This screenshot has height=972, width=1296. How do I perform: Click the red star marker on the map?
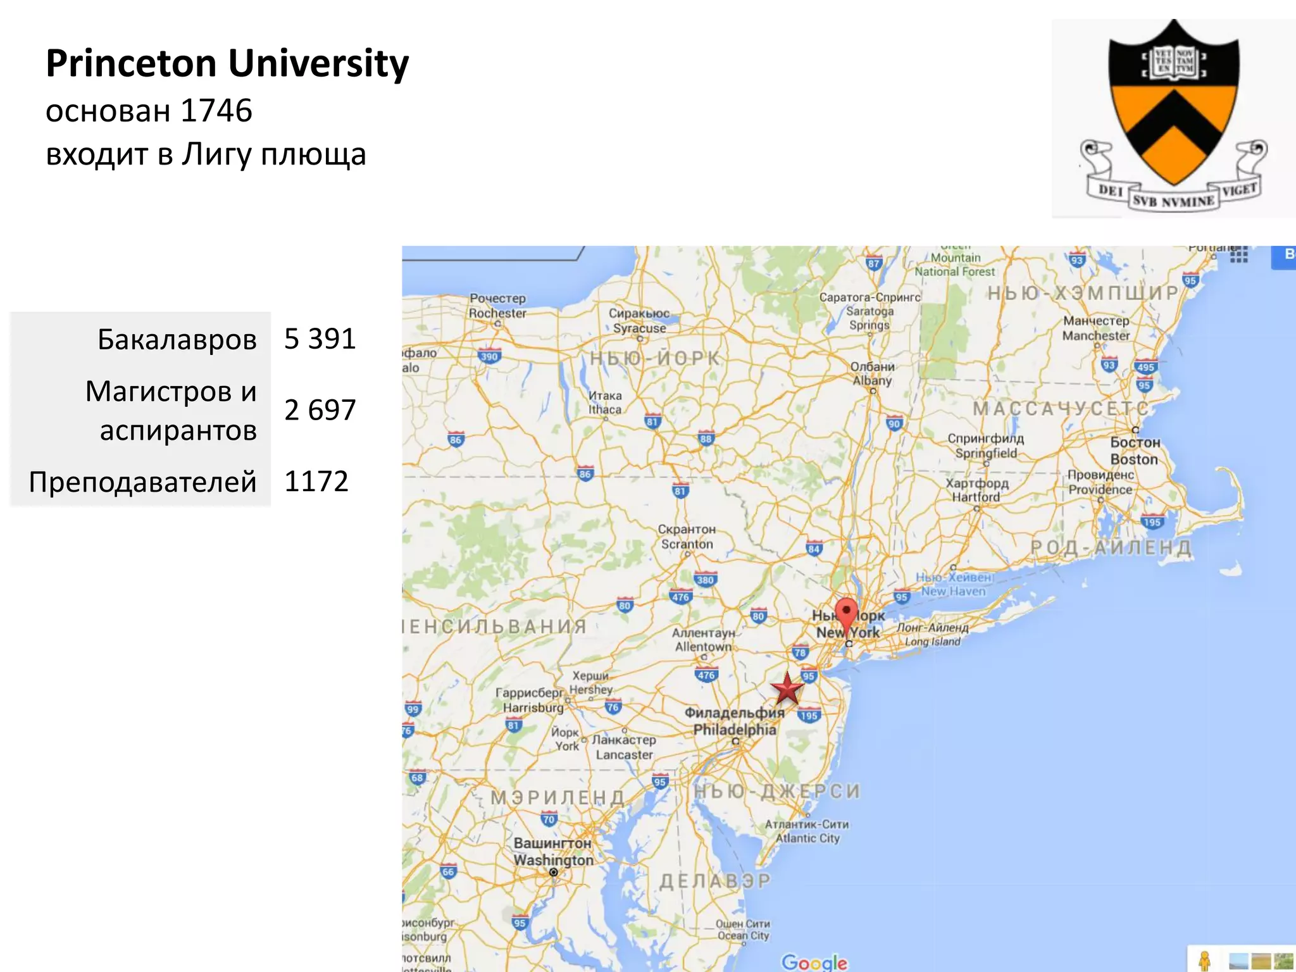coord(787,688)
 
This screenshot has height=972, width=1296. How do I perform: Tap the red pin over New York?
coord(846,614)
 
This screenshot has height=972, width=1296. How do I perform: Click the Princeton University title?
coord(227,63)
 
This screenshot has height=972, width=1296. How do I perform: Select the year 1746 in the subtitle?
coord(216,111)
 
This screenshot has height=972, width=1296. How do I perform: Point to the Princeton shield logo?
coord(1174,117)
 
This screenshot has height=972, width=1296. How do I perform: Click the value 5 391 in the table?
coord(320,339)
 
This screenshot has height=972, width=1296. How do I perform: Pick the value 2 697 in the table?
coord(320,410)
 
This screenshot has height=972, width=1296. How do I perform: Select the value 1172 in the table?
coord(316,482)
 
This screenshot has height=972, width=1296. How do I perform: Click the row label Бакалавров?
coord(177,340)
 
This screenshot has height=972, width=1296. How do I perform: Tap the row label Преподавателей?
coord(143,482)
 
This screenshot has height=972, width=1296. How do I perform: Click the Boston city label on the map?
coord(1135,451)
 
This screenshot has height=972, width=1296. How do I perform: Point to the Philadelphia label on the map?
coord(735,721)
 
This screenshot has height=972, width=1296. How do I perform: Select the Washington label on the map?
coord(553,852)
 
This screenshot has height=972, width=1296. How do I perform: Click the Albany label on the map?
coord(872,373)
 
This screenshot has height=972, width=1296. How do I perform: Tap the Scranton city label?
coord(687,537)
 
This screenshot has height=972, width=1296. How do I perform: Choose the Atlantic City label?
coord(807,831)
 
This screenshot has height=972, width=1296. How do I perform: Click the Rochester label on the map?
coord(497,306)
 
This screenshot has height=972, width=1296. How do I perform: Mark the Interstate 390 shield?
coord(489,356)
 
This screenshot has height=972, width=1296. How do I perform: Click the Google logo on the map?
coord(814,962)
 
